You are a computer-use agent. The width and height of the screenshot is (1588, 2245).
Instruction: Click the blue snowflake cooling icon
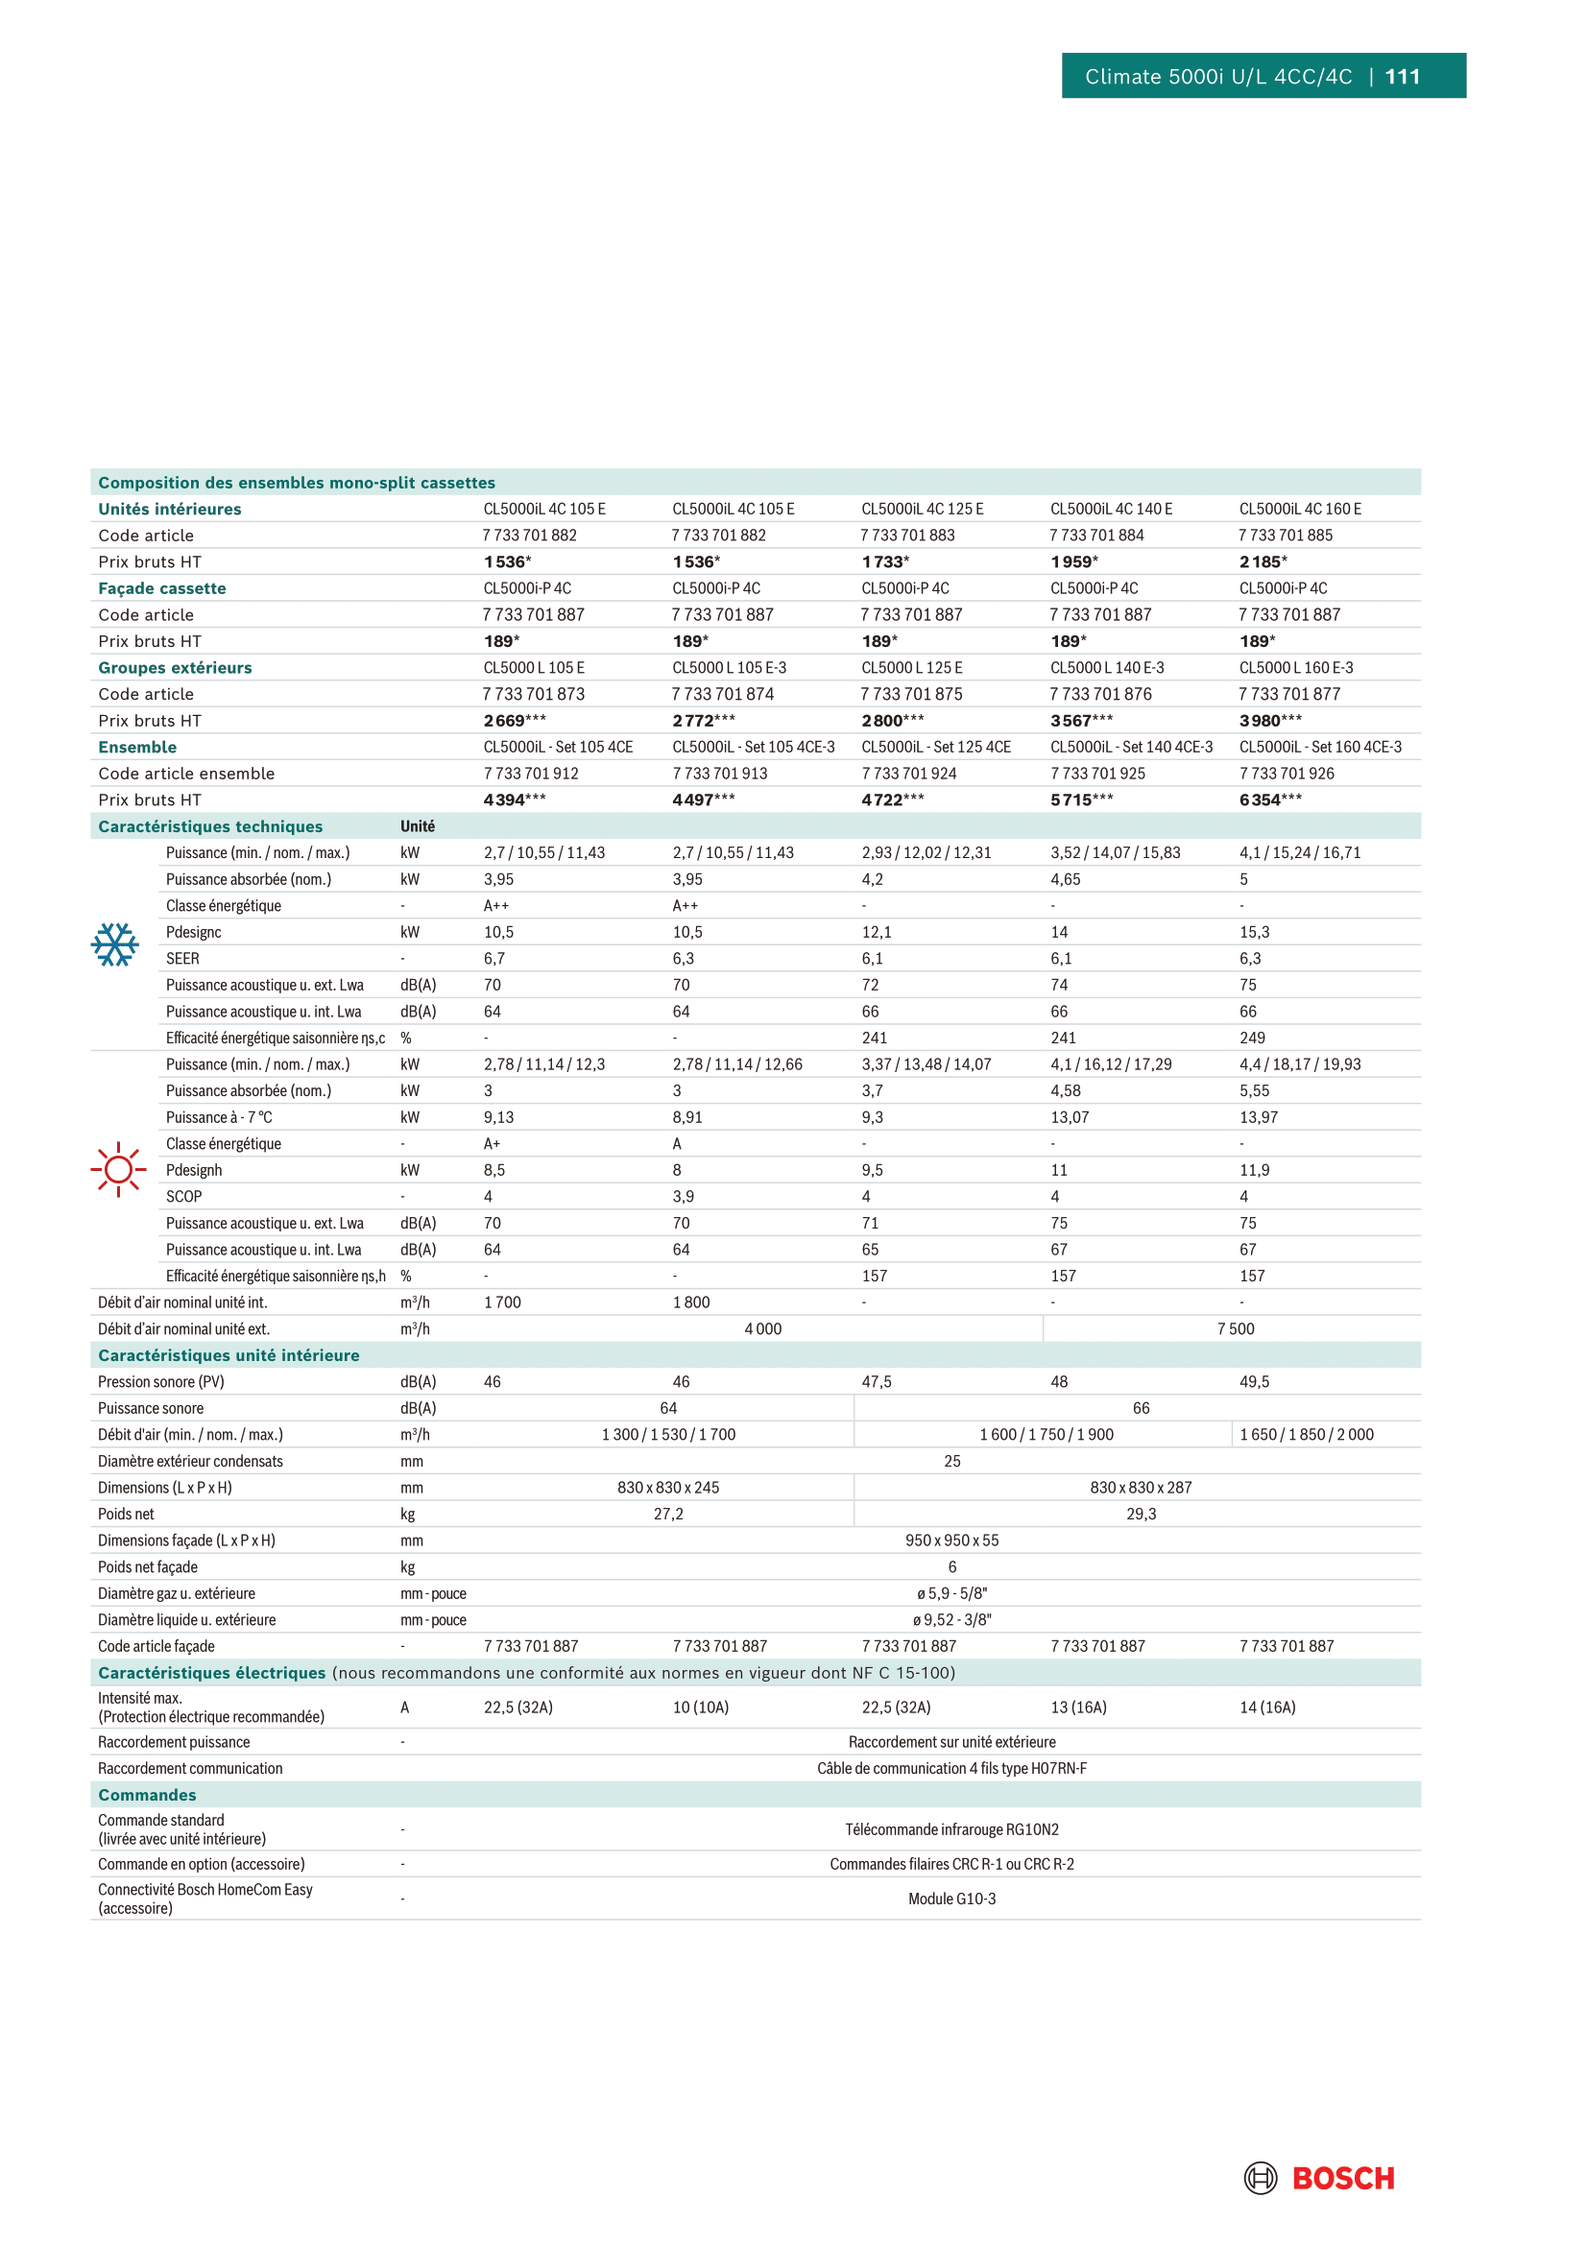[x=114, y=944]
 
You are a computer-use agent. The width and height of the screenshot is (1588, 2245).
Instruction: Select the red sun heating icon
[x=118, y=1168]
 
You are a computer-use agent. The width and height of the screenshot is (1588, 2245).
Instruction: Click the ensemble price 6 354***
[x=1270, y=800]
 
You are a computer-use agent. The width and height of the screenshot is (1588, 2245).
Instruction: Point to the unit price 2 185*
[x=1263, y=562]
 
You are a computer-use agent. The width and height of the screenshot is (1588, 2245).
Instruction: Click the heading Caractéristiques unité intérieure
[x=229, y=1355]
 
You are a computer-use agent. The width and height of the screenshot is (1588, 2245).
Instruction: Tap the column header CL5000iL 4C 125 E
[x=922, y=510]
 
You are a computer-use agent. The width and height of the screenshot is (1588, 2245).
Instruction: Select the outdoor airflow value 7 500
[x=1235, y=1328]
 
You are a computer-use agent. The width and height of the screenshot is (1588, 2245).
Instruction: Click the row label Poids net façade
[x=148, y=1566]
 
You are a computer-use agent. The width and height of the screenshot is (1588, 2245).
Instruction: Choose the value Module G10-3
[x=951, y=1898]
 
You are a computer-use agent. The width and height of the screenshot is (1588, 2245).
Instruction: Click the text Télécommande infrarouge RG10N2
[x=951, y=1828]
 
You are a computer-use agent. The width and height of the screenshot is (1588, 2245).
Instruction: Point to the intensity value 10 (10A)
[x=700, y=1708]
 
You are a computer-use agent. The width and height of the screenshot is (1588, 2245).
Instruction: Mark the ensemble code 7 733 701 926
[x=1286, y=774]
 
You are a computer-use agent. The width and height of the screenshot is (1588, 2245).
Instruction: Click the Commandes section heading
[x=148, y=1794]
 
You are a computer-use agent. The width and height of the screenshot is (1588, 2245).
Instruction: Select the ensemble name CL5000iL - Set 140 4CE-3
[x=1131, y=747]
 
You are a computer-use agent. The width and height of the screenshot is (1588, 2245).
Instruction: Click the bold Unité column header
[x=418, y=826]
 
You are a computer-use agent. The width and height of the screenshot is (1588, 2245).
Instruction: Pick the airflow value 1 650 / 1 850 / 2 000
[x=1307, y=1434]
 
